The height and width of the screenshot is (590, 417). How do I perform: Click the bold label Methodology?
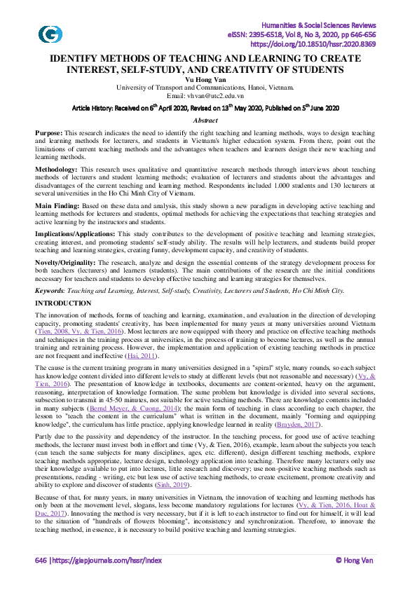pos(57,170)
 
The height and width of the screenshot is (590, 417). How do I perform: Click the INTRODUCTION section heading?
pos(63,303)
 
